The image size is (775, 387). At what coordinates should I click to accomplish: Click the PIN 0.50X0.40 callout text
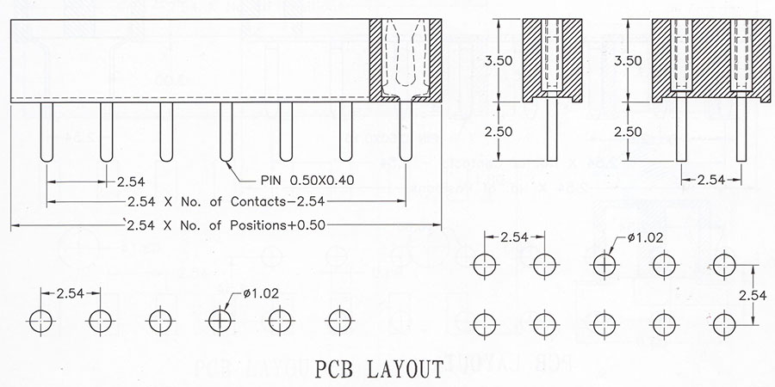pyautogui.click(x=307, y=181)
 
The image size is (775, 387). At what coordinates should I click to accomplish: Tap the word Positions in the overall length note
pyautogui.click(x=258, y=225)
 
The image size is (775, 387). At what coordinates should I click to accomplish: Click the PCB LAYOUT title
pyautogui.click(x=379, y=370)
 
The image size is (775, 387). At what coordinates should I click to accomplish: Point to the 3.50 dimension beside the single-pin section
pyautogui.click(x=499, y=61)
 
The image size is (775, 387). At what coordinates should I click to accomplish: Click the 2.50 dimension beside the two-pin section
pyautogui.click(x=628, y=132)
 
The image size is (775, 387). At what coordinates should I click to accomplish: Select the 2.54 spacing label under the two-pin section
pyautogui.click(x=711, y=181)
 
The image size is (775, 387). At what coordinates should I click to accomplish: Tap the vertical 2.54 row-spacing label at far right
pyautogui.click(x=753, y=295)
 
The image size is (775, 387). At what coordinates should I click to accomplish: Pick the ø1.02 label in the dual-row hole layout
pyautogui.click(x=646, y=238)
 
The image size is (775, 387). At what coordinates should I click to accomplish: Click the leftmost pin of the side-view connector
pyautogui.click(x=46, y=132)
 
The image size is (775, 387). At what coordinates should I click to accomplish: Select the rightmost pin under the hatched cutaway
pyautogui.click(x=406, y=131)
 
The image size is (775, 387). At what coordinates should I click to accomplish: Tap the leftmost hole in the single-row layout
pyautogui.click(x=40, y=322)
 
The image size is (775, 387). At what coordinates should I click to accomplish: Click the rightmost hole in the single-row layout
pyautogui.click(x=340, y=322)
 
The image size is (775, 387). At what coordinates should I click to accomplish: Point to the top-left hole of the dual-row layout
pyautogui.click(x=484, y=265)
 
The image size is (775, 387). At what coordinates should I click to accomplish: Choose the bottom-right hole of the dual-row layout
pyautogui.click(x=724, y=324)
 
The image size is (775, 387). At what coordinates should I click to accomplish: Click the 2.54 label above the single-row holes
pyautogui.click(x=71, y=294)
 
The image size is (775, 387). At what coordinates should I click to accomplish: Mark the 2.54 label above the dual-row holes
pyautogui.click(x=515, y=237)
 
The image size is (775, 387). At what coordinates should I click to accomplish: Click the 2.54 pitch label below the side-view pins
pyautogui.click(x=131, y=182)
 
